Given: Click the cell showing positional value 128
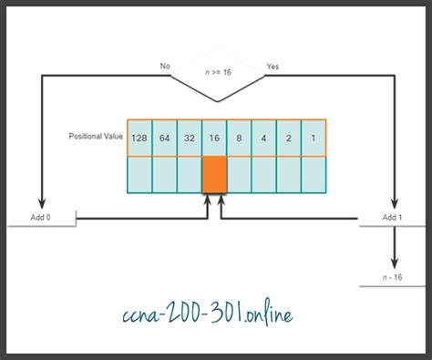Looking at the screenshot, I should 139,137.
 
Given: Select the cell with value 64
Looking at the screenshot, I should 164,137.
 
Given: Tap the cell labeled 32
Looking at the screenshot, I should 189,137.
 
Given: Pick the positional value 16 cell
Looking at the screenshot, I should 214,137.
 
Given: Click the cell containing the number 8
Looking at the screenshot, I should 239,137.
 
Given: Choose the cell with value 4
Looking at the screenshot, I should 263,137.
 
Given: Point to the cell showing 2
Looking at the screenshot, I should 288,137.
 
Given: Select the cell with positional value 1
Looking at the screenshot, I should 313,137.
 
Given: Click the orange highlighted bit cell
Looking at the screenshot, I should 214,174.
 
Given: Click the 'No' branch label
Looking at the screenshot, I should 165,66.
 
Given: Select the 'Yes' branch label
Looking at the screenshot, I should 272,66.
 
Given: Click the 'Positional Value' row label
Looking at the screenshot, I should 95,137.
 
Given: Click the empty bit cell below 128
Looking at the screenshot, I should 139,174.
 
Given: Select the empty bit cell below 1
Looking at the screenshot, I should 313,174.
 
